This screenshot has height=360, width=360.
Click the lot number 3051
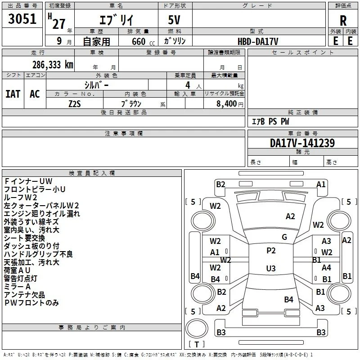[x=22, y=19]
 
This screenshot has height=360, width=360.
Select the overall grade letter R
[x=343, y=21]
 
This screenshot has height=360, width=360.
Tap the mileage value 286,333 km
[x=53, y=65]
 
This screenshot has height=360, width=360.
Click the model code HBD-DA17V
[x=258, y=41]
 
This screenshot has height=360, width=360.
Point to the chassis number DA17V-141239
[x=302, y=143]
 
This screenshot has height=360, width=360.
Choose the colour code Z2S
[x=75, y=104]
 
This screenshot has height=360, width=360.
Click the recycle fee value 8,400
[x=227, y=103]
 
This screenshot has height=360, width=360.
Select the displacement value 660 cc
[x=143, y=42]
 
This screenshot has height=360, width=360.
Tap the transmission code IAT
[x=13, y=94]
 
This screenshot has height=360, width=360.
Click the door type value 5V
[x=174, y=20]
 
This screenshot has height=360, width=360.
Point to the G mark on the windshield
[x=284, y=237]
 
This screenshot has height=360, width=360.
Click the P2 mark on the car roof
[x=271, y=251]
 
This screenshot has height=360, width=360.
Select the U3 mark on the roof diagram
[x=271, y=268]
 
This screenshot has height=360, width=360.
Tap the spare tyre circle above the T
[x=197, y=328]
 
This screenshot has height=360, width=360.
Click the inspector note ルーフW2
[x=20, y=198]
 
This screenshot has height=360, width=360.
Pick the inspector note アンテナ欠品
[x=24, y=295]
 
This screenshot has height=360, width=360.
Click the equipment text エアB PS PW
[x=270, y=121]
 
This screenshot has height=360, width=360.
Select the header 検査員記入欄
[x=92, y=173]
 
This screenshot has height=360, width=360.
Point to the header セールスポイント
[x=302, y=53]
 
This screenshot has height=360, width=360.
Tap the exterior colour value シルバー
[x=96, y=85]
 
